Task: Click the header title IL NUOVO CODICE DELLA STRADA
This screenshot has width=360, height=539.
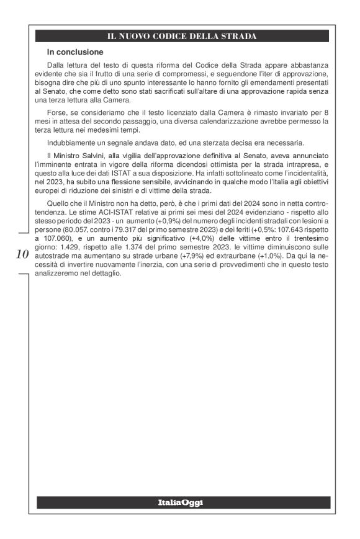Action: point(182,36)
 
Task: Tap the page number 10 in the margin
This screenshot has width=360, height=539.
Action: point(22,254)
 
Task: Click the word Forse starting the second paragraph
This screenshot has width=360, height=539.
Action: point(57,112)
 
